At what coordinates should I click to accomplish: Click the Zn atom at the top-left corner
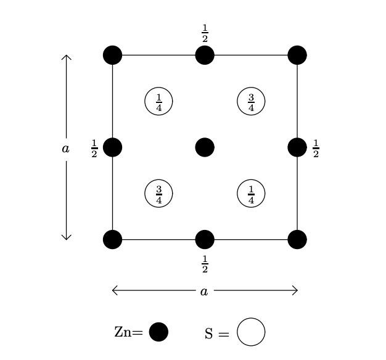(x=112, y=55)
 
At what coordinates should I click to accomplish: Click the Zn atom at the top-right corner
(x=297, y=55)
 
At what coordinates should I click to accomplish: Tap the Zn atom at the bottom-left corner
(x=112, y=239)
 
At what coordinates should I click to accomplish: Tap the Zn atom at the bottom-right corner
(x=297, y=239)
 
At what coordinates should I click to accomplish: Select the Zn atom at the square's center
(x=205, y=147)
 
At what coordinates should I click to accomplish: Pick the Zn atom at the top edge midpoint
(x=205, y=55)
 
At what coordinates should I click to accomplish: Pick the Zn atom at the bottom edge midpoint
(x=205, y=239)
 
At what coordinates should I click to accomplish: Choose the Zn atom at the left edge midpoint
(x=112, y=147)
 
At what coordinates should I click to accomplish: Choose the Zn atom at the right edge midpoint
(x=297, y=147)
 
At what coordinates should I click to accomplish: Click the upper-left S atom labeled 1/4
(x=158, y=101)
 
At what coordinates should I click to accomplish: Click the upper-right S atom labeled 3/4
(x=251, y=101)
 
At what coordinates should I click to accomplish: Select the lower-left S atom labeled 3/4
(x=158, y=194)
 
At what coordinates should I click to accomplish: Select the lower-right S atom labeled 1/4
(x=251, y=194)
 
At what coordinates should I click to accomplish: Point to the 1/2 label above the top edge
(x=205, y=33)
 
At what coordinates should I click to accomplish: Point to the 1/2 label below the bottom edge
(x=205, y=264)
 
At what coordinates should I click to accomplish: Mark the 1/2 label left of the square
(x=94, y=149)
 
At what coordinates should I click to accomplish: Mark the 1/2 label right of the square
(x=316, y=149)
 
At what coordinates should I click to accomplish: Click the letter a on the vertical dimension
(x=66, y=149)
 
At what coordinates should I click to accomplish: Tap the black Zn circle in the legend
(x=158, y=332)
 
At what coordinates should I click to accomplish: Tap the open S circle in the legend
(x=251, y=332)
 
